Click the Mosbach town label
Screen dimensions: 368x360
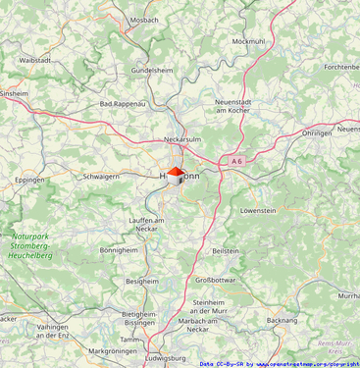[x=144, y=20]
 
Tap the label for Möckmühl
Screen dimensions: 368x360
[x=248, y=41]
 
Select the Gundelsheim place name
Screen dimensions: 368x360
[x=152, y=72]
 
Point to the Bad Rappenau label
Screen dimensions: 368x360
[x=123, y=103]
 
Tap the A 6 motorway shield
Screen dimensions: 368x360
[x=237, y=160]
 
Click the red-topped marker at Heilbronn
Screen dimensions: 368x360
[x=175, y=175]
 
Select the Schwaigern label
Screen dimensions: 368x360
[x=101, y=177]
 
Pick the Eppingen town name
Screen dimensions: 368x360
[x=30, y=181]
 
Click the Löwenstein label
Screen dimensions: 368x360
[x=258, y=210]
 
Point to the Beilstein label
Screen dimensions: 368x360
[x=226, y=251]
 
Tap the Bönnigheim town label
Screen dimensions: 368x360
[x=120, y=250]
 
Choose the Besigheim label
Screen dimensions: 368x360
[x=141, y=281]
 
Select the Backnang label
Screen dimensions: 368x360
[x=282, y=320]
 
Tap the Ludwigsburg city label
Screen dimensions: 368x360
[x=165, y=359]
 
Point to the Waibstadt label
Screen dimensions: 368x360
[x=35, y=60]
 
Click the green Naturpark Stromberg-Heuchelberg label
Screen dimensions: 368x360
[x=31, y=245]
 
